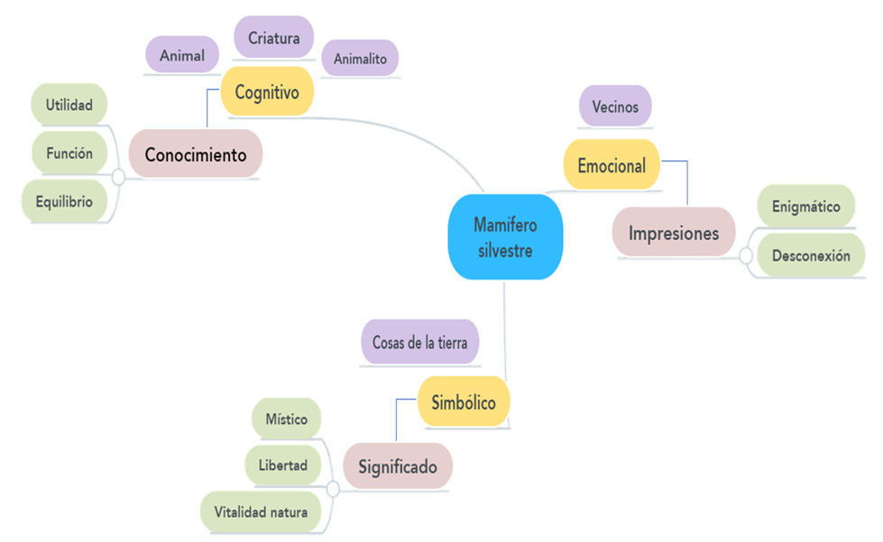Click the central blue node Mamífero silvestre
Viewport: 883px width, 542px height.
[x=504, y=237]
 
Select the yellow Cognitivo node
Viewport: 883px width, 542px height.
[x=267, y=92]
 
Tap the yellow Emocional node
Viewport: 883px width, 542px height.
[x=612, y=165]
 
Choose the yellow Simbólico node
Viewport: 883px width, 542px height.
[x=464, y=402]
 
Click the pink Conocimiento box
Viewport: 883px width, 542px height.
[x=195, y=154]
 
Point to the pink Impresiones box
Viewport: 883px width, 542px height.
[x=674, y=234]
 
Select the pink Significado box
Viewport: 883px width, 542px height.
[x=397, y=467]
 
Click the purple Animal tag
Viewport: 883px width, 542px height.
[x=182, y=56]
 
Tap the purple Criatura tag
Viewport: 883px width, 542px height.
[x=273, y=38]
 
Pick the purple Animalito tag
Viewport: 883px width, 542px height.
[x=360, y=58]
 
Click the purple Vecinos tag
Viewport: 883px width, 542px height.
[x=615, y=106]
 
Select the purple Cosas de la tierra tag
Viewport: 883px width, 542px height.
[x=419, y=344]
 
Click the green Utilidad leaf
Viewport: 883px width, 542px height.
[x=69, y=105]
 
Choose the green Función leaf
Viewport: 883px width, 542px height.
[x=69, y=153]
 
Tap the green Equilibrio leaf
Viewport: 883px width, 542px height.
[x=63, y=201]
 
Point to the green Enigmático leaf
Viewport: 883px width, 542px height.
[x=805, y=207]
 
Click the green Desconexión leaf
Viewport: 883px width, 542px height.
[x=811, y=255]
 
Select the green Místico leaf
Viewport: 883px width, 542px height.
[x=287, y=419]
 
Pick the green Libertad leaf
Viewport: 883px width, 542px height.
[x=283, y=465]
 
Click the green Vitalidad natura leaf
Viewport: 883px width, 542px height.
[x=261, y=512]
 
